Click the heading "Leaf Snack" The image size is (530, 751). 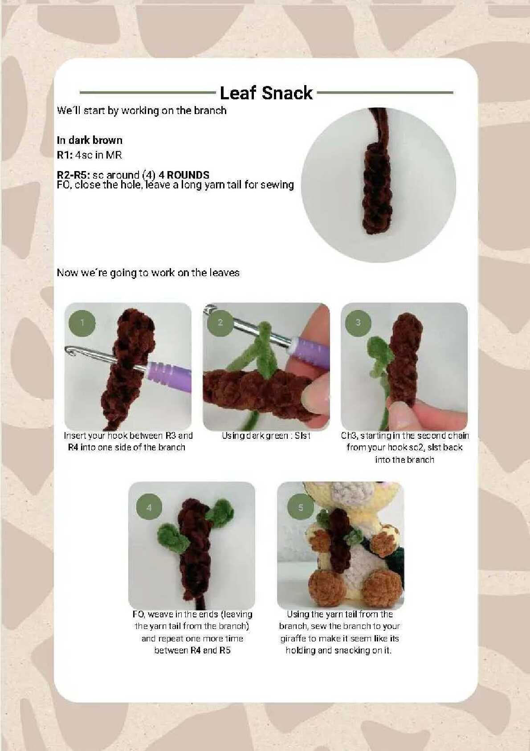[266, 93]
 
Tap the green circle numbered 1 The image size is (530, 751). [82, 323]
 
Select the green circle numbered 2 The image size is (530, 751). [220, 322]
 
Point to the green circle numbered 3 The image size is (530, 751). [358, 322]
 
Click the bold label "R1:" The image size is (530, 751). [65, 155]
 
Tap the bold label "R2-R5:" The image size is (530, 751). [73, 175]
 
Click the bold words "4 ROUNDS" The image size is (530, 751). [183, 175]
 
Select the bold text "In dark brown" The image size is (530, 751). [90, 140]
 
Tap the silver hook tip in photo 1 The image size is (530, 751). [71, 351]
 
